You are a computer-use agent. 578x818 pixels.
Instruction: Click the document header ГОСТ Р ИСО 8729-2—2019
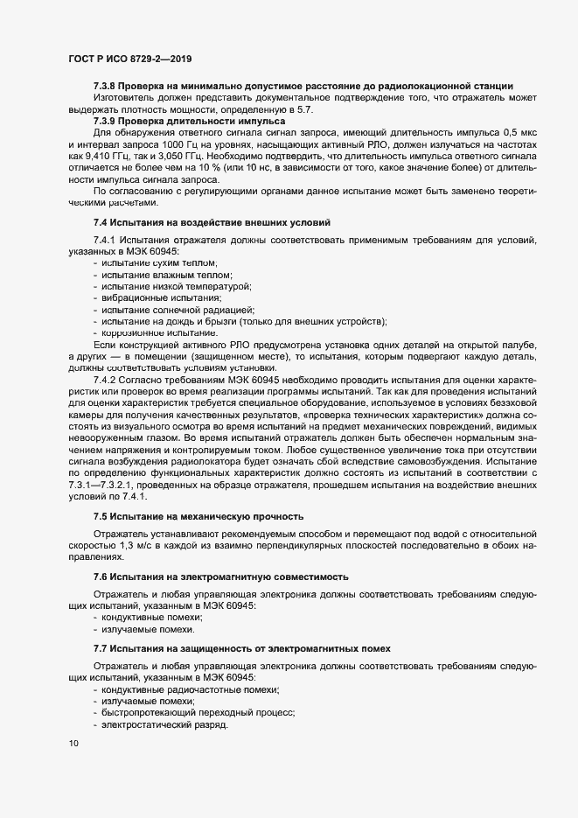click(x=129, y=59)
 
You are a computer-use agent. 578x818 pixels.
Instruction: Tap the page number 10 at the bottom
click(x=73, y=744)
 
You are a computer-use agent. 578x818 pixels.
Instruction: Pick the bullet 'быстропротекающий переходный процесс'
click(x=198, y=714)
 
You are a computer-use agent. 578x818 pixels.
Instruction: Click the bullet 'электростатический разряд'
click(x=164, y=725)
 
